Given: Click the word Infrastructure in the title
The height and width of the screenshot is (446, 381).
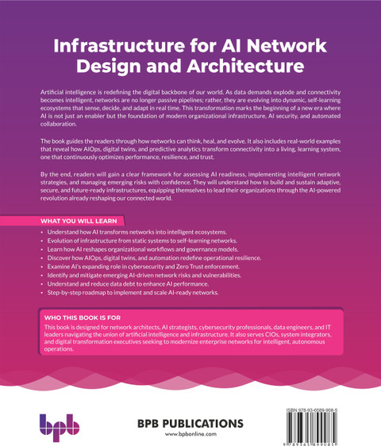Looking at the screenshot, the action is click(119, 45).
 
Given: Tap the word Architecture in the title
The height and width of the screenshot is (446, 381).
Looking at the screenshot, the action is click(245, 66).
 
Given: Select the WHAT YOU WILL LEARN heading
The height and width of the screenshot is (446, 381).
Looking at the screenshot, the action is click(79, 221).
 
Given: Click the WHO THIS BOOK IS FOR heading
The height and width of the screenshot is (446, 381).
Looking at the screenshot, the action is click(83, 317).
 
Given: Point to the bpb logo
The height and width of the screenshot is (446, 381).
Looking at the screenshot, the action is click(60, 428).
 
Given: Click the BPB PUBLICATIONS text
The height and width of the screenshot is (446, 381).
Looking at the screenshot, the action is click(190, 424).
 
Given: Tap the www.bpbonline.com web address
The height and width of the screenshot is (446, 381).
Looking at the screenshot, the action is click(190, 434).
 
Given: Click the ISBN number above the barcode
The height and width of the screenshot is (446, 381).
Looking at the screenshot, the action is click(312, 410).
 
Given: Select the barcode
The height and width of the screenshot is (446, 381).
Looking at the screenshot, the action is click(312, 427).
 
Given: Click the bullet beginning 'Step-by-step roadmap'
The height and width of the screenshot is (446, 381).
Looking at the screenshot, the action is click(133, 292).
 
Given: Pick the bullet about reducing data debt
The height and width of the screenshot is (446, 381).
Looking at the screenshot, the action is click(128, 284).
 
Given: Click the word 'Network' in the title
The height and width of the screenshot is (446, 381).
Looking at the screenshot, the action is click(287, 45).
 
